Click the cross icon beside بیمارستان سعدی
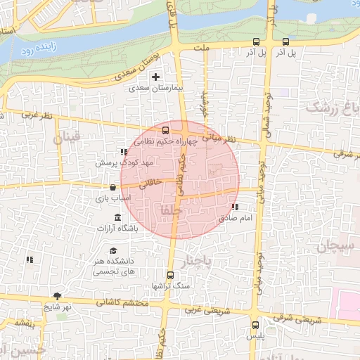(x=156, y=77)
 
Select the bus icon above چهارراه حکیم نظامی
(x=166, y=130)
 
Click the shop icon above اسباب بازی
(x=113, y=188)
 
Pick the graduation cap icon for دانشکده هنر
(x=113, y=250)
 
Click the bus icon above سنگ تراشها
(x=169, y=275)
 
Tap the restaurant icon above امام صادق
(x=234, y=207)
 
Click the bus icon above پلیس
(x=255, y=325)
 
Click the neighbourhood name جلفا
(x=171, y=210)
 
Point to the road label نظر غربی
(x=37, y=115)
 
